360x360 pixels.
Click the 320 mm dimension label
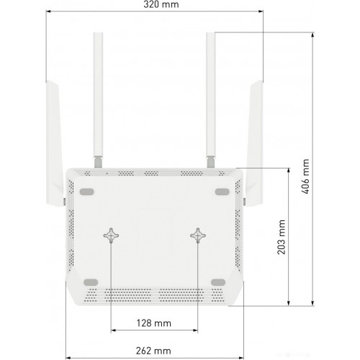tap(161, 4)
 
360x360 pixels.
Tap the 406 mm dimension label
tap(305, 176)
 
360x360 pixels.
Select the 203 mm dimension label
tap(282, 237)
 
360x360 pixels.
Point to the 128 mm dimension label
tap(154, 323)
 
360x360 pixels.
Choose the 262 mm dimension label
tap(153, 351)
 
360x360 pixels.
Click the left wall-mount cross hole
tap(111, 235)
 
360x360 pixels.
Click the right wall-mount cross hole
tap(198, 235)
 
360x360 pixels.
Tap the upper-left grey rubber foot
tap(86, 192)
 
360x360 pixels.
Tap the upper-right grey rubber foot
tap(222, 192)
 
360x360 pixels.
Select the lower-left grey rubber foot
tap(91, 282)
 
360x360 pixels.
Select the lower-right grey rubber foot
tap(218, 282)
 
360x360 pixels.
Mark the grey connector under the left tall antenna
tap(98, 162)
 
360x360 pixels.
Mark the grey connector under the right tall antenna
tap(211, 162)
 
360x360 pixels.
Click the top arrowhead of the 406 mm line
tap(312, 35)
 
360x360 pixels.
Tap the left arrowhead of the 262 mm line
tap(68, 358)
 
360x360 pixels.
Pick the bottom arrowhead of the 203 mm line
tap(289, 303)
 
